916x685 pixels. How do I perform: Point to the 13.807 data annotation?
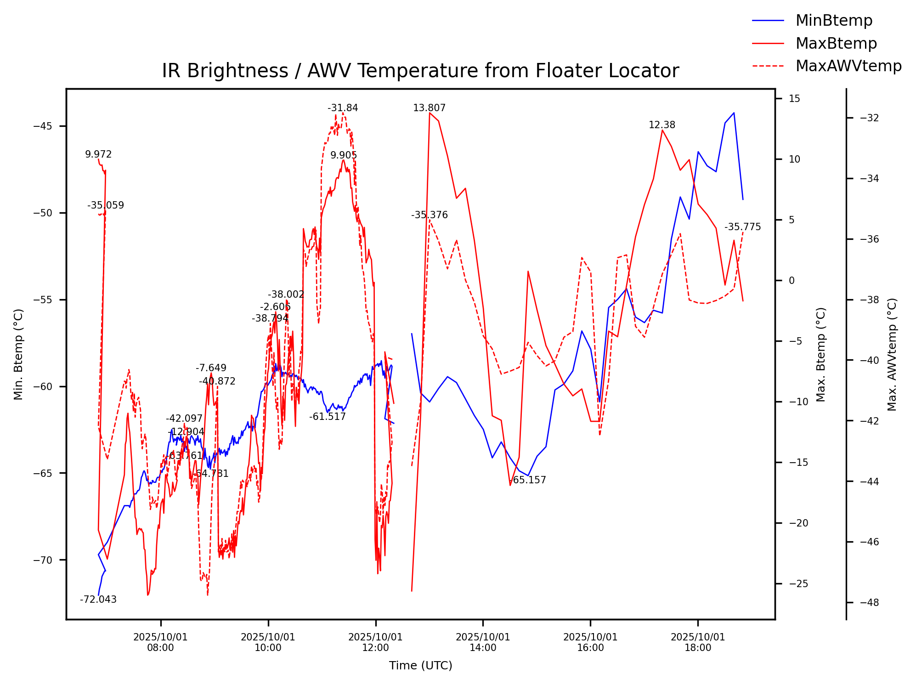tap(429, 108)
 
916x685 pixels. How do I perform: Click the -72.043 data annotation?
tap(98, 600)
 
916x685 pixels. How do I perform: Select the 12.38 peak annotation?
tap(662, 125)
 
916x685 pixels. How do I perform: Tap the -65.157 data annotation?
tap(528, 480)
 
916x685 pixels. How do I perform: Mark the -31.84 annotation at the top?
tap(343, 108)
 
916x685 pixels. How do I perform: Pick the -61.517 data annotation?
tap(327, 417)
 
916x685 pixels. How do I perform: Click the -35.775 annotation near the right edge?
tap(742, 227)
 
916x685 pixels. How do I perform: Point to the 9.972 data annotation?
tap(98, 154)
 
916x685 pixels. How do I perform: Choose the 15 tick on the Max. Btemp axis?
tap(794, 99)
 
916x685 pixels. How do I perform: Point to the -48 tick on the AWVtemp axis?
tap(869, 603)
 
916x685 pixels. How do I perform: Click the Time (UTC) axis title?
tap(420, 666)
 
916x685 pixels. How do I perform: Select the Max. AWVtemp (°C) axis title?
tap(892, 354)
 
